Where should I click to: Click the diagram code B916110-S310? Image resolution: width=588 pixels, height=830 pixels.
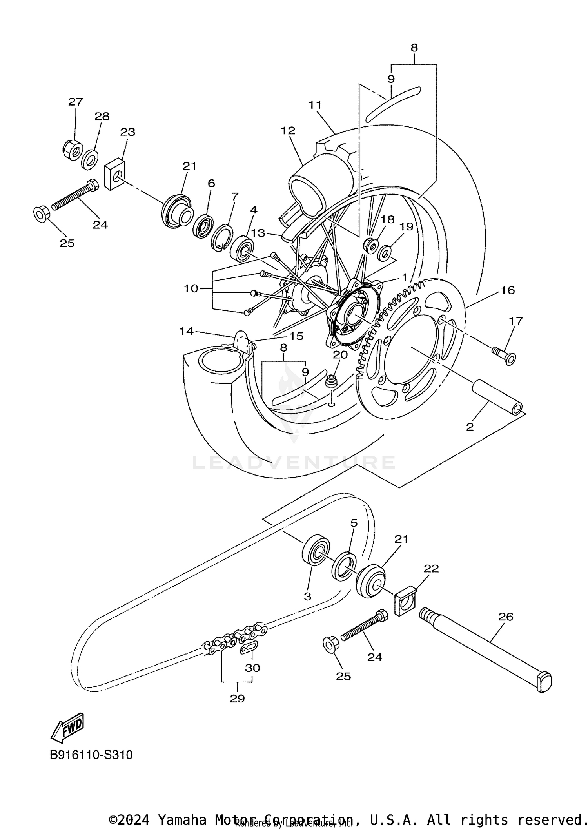(91, 755)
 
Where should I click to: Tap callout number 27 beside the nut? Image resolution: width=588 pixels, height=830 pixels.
(76, 102)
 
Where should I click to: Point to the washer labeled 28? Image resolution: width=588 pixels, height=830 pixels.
(90, 159)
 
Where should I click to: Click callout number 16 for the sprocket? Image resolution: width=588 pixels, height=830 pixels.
(508, 290)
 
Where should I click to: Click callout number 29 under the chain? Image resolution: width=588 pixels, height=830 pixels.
(238, 698)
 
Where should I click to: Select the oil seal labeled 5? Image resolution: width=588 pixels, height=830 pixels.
(344, 565)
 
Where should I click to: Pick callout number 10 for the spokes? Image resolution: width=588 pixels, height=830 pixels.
(191, 288)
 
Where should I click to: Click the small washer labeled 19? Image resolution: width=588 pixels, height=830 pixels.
(385, 253)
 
